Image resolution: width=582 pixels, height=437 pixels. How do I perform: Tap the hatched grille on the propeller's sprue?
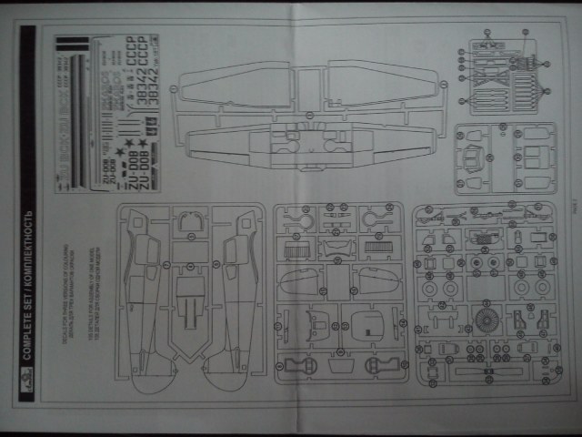click(x=479, y=240)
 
